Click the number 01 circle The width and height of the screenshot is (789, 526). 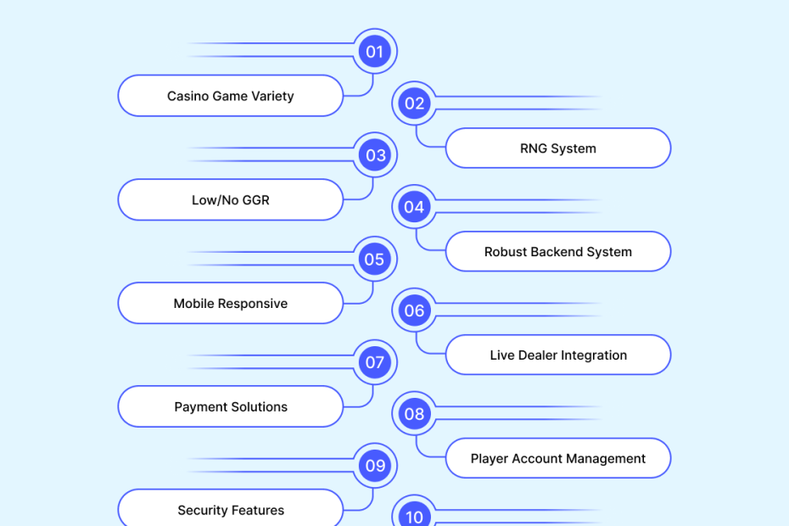click(374, 52)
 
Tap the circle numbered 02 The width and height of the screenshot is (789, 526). click(414, 104)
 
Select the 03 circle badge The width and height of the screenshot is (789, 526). click(374, 155)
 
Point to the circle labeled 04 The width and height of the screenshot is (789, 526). click(414, 207)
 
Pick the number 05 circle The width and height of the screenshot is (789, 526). click(374, 259)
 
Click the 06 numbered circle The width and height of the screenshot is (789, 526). click(414, 311)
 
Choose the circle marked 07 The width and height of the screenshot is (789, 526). click(374, 362)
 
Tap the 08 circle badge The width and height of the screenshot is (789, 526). click(414, 414)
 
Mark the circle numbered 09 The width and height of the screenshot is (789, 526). click(374, 466)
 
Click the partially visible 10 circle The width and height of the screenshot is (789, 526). click(414, 515)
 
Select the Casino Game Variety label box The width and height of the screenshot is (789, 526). click(231, 96)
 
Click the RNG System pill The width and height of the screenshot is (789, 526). click(558, 148)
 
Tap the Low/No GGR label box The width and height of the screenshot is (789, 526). click(231, 200)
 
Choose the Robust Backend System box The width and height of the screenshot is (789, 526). click(558, 252)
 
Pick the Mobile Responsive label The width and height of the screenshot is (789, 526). click(231, 304)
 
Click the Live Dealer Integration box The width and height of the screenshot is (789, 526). click(558, 355)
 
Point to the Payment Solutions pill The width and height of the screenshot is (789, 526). click(231, 407)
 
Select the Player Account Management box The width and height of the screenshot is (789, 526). click(558, 459)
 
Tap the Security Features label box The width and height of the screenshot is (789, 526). click(231, 510)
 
